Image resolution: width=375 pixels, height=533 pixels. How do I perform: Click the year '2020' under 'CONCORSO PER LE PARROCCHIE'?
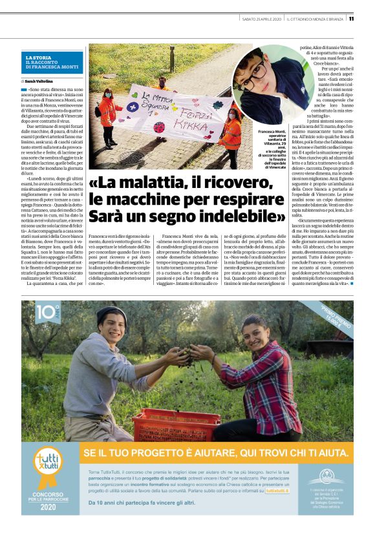49,508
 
